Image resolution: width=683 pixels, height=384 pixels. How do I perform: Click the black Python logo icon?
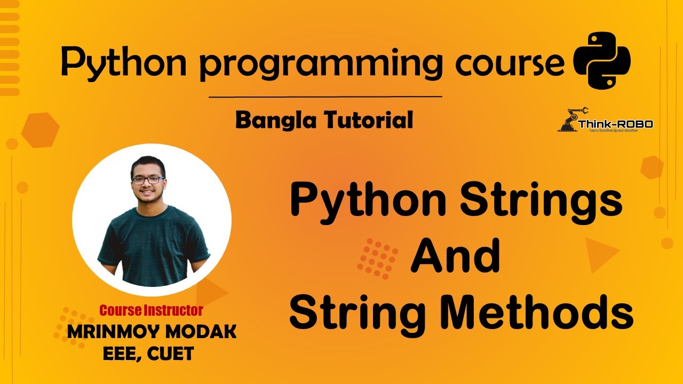pos(601,60)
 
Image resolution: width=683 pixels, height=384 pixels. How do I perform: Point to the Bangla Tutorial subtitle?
pos(324,120)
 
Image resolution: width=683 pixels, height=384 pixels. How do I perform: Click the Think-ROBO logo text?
pos(615,124)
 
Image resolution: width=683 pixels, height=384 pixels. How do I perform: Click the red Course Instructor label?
pos(151,310)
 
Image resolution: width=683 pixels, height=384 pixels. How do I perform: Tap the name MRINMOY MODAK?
pos(152,332)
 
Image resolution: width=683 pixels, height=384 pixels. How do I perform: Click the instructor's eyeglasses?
pos(147,180)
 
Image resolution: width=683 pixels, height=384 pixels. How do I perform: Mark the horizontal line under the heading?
pos(325,97)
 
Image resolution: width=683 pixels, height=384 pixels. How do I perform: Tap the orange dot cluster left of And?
pos(378,258)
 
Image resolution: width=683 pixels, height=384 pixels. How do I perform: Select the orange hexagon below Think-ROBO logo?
pos(652,167)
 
